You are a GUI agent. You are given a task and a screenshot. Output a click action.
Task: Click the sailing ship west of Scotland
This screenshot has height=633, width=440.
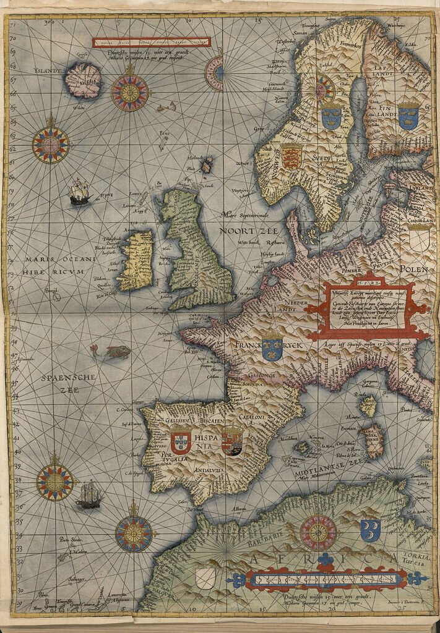pyautogui.click(x=79, y=192)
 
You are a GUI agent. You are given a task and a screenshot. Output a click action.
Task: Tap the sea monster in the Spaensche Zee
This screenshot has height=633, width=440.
pyautogui.click(x=113, y=352)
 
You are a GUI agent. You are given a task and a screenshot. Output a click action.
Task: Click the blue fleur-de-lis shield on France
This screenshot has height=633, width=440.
pyautogui.click(x=272, y=349)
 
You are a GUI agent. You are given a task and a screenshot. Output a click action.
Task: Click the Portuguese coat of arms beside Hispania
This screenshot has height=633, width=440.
pyautogui.click(x=181, y=442)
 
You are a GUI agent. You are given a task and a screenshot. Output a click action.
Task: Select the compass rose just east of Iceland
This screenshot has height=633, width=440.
pyautogui.click(x=129, y=92)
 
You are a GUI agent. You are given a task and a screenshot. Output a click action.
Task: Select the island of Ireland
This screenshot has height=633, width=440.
pyautogui.click(x=136, y=260)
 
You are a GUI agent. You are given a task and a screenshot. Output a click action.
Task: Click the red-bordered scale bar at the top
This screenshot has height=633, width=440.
pyautogui.click(x=152, y=43)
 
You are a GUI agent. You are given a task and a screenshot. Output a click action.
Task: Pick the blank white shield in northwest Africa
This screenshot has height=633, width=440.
pyautogui.click(x=205, y=578)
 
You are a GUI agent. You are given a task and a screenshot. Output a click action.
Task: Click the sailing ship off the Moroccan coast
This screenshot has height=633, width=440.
pyautogui.click(x=89, y=495)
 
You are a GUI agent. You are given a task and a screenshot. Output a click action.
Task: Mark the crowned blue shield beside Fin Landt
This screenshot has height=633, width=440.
pyautogui.click(x=408, y=116)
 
